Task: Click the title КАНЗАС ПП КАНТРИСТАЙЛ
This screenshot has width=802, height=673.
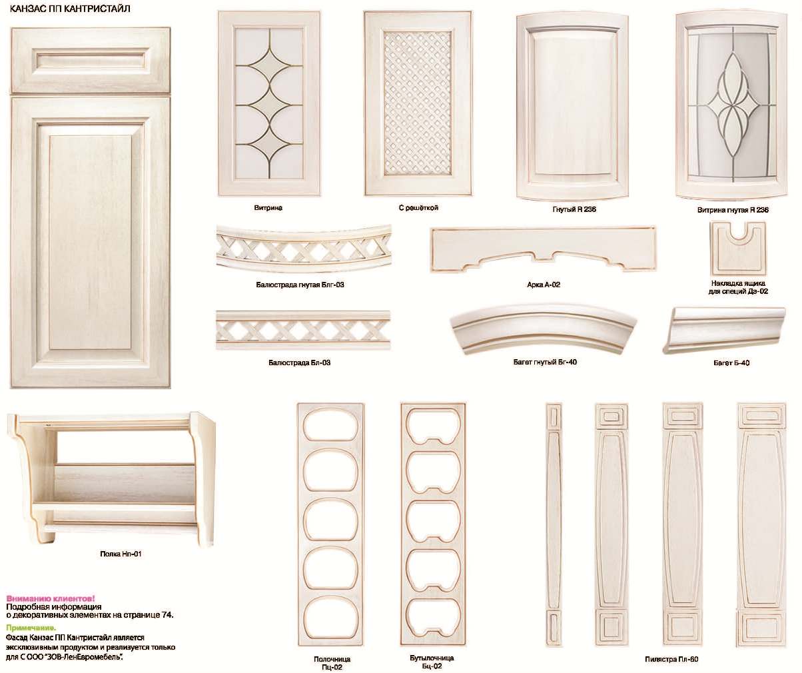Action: click(70, 9)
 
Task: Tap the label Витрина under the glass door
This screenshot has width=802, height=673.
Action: click(268, 207)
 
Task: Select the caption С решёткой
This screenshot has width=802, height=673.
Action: click(418, 207)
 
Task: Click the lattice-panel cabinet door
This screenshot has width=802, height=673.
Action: click(418, 103)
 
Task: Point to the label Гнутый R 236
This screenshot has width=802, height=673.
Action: click(574, 209)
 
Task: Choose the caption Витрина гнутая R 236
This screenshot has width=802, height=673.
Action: click(733, 210)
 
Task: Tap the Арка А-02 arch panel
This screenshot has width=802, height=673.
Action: click(543, 248)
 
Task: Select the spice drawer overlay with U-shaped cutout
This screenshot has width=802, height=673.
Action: click(737, 247)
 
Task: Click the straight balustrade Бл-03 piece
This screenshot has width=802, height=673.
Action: click(303, 330)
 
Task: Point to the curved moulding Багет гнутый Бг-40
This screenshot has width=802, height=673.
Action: click(543, 329)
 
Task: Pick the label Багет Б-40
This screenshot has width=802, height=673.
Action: click(731, 363)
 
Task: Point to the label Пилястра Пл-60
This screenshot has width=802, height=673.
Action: click(671, 659)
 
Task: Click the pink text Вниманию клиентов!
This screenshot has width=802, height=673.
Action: click(51, 598)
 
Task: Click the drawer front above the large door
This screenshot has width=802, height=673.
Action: click(91, 61)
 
